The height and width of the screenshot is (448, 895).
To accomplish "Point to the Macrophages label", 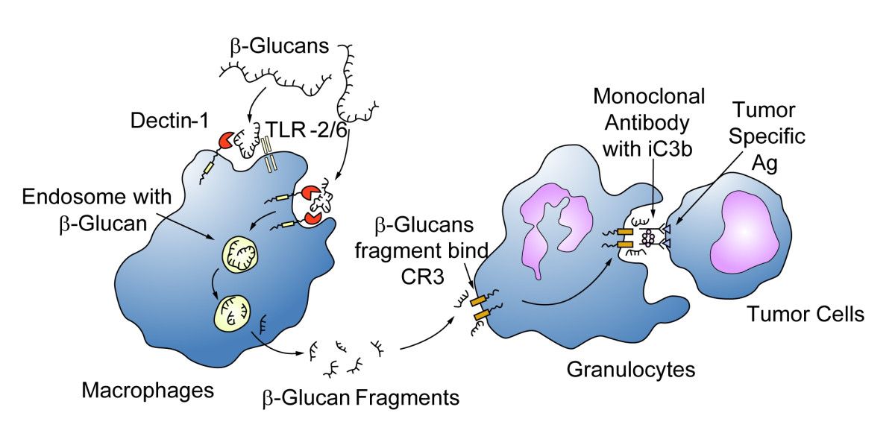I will click(x=147, y=389).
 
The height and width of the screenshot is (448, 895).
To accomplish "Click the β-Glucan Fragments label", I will click(x=360, y=397).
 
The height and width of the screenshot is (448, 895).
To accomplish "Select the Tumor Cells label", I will click(x=805, y=314).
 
